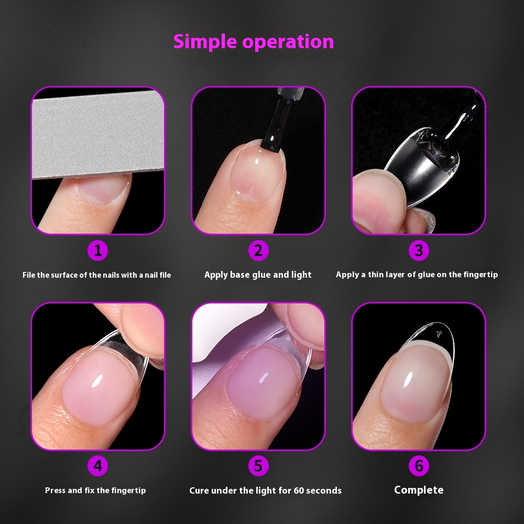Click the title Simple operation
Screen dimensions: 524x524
(254, 41)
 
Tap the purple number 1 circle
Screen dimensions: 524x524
(97, 251)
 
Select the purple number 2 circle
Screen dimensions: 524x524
(258, 251)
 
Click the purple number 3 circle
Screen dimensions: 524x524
(419, 251)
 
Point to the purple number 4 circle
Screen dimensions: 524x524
(97, 465)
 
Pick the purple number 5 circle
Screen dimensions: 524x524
(258, 465)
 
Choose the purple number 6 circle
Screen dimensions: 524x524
(419, 465)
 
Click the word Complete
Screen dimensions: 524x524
(419, 490)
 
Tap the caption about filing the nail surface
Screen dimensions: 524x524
(97, 275)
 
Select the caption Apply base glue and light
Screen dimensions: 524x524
(258, 275)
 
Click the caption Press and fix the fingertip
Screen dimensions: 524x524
(95, 490)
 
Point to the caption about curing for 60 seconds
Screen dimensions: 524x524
(265, 490)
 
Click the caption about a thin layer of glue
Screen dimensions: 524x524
(417, 275)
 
